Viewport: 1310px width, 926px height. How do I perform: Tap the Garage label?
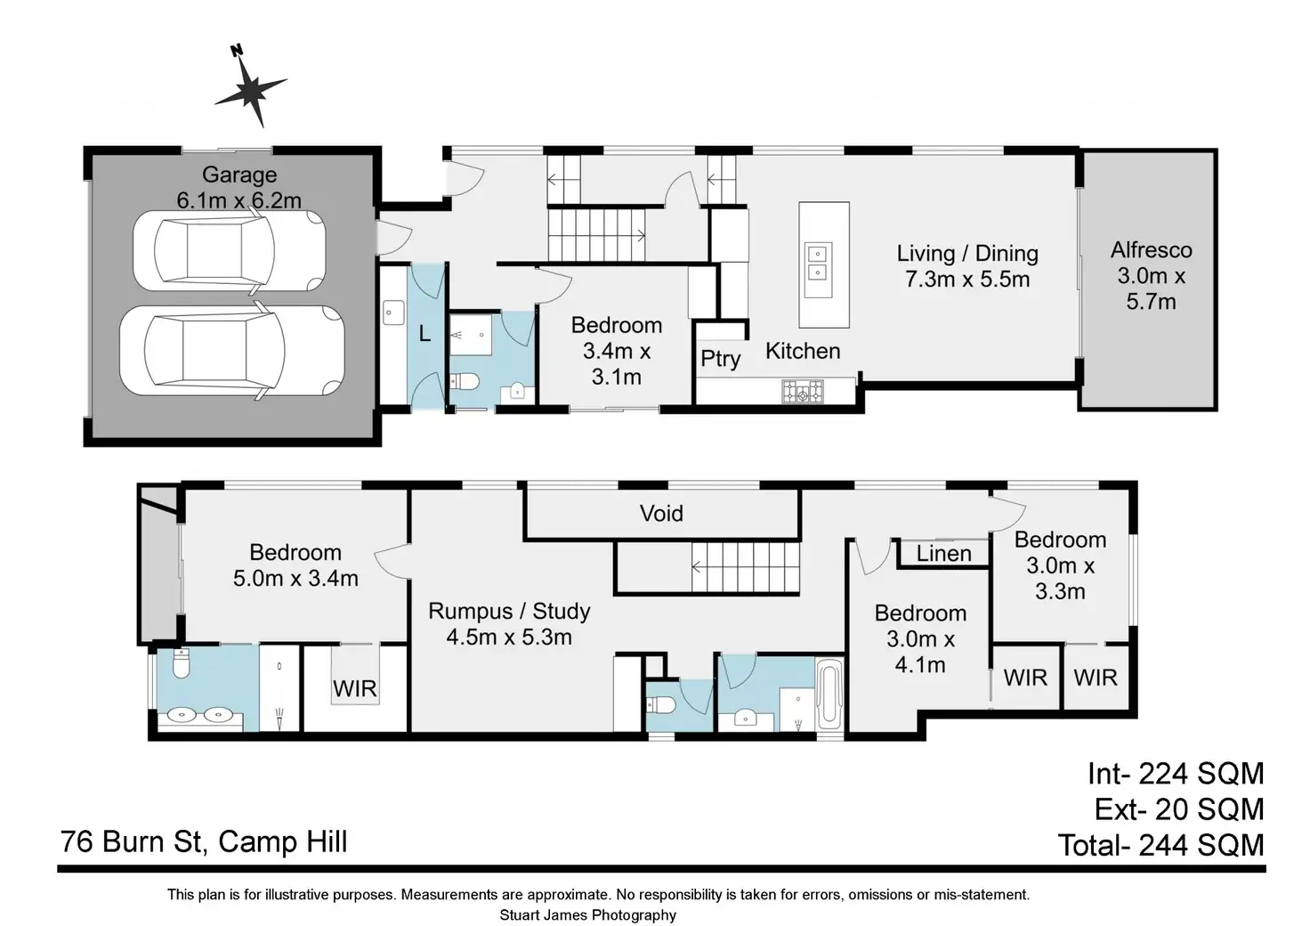tap(239, 175)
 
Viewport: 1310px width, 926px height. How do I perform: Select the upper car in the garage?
tap(230, 252)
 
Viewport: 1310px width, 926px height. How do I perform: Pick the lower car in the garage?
tap(232, 351)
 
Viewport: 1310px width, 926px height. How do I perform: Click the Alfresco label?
tap(1151, 250)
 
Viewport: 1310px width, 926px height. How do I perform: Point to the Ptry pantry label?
tap(721, 358)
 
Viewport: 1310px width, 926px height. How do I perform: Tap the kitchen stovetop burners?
tap(803, 392)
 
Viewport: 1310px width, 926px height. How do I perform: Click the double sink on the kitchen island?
tap(818, 263)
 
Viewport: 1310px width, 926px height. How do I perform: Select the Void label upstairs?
tap(661, 513)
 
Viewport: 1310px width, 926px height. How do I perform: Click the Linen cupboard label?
tap(944, 554)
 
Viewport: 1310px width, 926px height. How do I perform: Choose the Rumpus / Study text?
tap(509, 612)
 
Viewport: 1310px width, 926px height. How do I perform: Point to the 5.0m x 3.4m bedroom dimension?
tap(295, 579)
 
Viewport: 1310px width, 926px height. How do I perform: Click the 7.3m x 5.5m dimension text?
tap(967, 279)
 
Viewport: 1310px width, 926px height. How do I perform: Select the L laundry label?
tap(425, 334)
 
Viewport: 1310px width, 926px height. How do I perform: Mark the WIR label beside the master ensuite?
tap(355, 688)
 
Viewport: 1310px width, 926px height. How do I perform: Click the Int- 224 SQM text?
tap(1176, 774)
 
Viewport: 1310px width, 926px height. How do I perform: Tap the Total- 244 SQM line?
tap(1160, 845)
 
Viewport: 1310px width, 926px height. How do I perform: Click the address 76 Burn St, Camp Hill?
tap(204, 842)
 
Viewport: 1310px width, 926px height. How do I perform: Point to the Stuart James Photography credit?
tap(587, 915)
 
